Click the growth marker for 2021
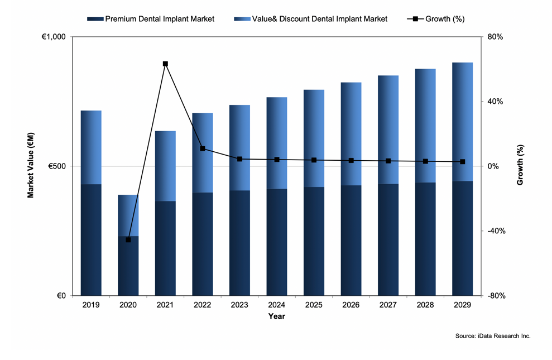165,64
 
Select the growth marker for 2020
128,239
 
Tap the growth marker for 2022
203,148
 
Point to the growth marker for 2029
462,162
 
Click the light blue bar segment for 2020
128,215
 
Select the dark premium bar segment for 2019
91,239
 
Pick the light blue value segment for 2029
462,122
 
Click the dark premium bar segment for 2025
314,241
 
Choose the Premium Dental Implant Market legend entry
151,19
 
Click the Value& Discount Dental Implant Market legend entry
312,19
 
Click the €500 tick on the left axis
56,166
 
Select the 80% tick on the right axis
496,37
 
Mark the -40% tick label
495,231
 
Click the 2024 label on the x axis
277,305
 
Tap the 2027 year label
388,305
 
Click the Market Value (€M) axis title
31,166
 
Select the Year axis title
276,316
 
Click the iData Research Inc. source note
492,336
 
